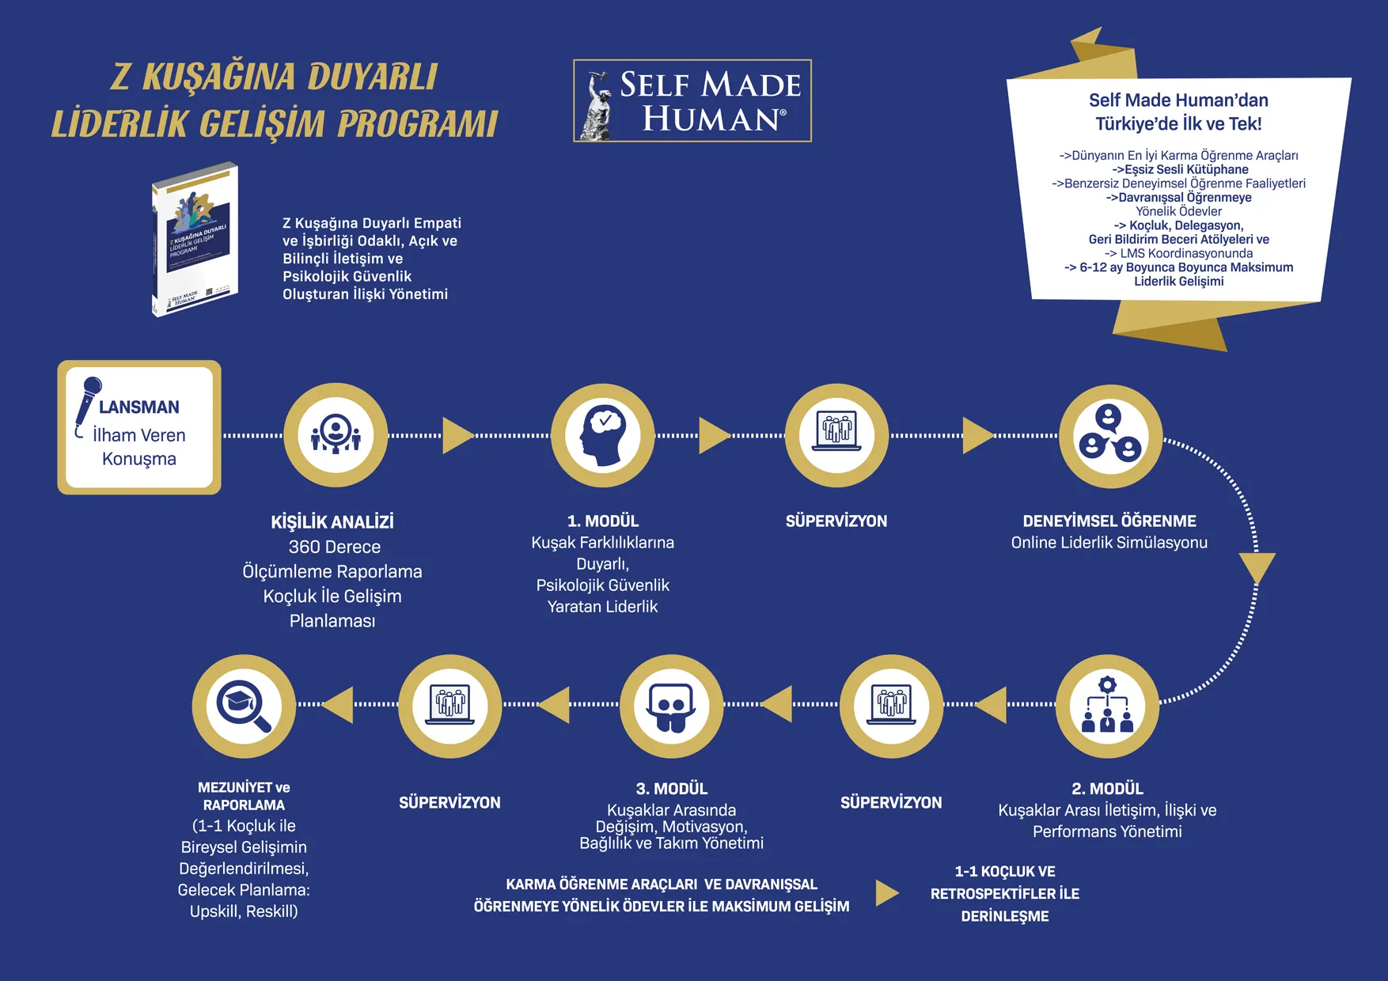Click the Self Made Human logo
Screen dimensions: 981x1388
pos(692,101)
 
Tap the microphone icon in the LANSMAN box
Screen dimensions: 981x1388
pos(88,400)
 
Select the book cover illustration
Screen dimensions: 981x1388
pos(195,239)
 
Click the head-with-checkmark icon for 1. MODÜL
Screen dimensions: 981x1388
pos(603,435)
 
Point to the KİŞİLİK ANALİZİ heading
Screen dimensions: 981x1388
pos(332,522)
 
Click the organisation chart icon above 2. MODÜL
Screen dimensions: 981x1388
pos(1107,705)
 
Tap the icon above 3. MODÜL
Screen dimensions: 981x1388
pos(671,706)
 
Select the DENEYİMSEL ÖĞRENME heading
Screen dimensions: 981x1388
pos(1109,521)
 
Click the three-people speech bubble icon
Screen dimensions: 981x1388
pos(1110,436)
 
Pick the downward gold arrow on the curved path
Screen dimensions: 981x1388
pos(1257,567)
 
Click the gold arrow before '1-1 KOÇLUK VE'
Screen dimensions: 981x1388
pos(887,893)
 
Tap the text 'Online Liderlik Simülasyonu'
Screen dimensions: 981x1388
pos(1109,543)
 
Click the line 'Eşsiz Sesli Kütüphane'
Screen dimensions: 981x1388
pos(1180,169)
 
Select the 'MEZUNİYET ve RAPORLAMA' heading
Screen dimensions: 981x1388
pos(244,796)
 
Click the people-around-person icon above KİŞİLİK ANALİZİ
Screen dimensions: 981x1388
pos(336,435)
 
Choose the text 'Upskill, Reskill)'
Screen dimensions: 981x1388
pos(244,911)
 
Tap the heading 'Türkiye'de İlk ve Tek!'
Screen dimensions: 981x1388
pos(1178,124)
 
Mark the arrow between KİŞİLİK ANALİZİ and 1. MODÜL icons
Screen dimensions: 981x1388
pos(457,435)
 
